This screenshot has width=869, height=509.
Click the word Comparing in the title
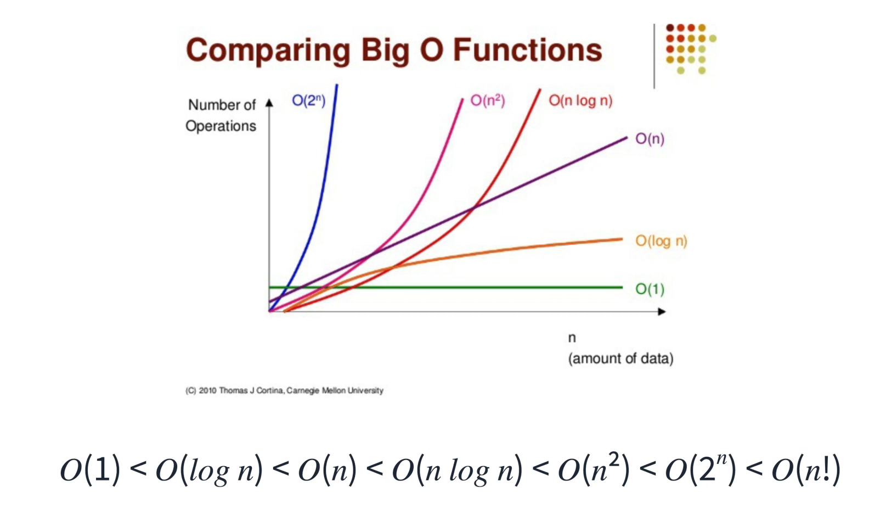point(268,51)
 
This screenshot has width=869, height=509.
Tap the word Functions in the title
point(527,50)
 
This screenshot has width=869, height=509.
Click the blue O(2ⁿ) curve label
point(308,100)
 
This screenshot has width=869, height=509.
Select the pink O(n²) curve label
point(487,100)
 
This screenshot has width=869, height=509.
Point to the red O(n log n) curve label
point(580,100)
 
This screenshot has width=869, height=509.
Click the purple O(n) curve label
point(650,139)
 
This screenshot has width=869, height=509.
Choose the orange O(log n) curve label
point(661,241)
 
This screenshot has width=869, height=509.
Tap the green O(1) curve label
point(650,289)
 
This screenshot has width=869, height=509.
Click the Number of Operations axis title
point(221,115)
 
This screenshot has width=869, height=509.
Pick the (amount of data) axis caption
point(620,359)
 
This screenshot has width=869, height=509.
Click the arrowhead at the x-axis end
point(662,311)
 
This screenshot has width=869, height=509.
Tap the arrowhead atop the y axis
point(269,103)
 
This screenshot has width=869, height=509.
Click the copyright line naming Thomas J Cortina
point(284,390)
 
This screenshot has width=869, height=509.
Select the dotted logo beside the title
point(689,48)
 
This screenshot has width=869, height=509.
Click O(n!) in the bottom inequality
point(805,469)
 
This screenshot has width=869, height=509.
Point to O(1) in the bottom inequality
point(90,469)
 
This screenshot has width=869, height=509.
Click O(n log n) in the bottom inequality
point(457,471)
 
